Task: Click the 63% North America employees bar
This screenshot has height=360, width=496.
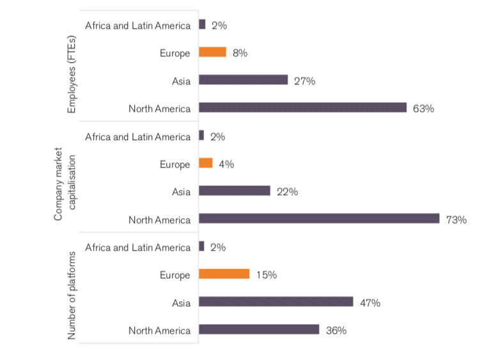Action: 302,107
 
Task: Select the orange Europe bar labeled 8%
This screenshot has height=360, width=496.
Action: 212,52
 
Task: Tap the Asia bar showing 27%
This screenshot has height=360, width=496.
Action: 243,80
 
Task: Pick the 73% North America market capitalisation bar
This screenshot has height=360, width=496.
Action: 319,219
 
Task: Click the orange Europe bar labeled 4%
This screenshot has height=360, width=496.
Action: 205,164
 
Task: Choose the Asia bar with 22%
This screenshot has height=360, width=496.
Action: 235,191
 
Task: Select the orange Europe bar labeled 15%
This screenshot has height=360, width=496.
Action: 224,274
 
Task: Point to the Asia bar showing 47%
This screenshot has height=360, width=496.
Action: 275,302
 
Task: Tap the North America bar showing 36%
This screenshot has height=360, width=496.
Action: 259,329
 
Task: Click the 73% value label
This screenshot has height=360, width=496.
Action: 456,219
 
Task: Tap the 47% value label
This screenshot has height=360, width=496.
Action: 370,302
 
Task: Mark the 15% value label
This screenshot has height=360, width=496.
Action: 266,275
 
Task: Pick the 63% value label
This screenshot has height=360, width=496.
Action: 423,108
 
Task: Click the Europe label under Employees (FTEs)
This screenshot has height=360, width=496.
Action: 174,53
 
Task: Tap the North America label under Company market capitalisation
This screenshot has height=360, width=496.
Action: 159,219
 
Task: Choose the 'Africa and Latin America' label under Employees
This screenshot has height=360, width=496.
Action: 137,26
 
